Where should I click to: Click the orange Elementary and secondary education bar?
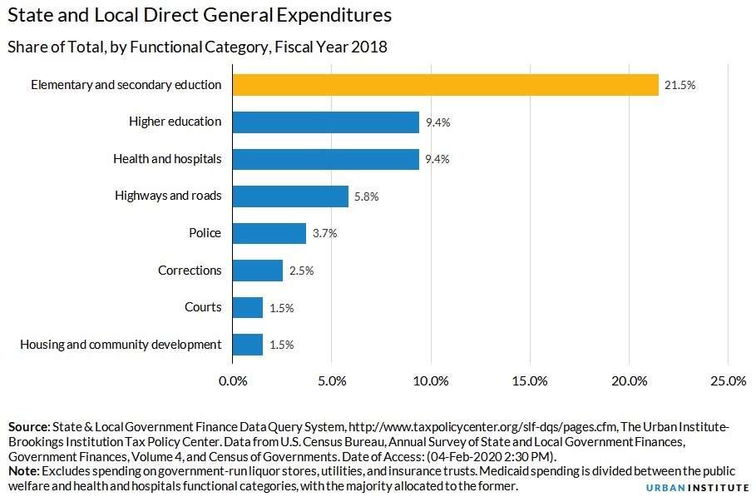(445, 85)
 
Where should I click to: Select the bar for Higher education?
(325, 122)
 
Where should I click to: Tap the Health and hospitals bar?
(325, 159)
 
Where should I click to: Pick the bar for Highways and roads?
(290, 196)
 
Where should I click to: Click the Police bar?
(269, 233)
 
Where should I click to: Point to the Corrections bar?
(258, 271)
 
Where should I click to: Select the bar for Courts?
(248, 307)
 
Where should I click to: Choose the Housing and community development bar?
(248, 345)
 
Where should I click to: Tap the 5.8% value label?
(367, 196)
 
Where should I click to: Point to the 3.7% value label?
(324, 234)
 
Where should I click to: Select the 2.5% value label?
(301, 271)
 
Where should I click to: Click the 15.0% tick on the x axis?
(530, 381)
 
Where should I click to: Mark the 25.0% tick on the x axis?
(728, 381)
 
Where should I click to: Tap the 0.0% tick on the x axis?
(233, 381)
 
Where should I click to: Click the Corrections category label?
(190, 271)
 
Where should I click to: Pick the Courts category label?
(203, 307)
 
